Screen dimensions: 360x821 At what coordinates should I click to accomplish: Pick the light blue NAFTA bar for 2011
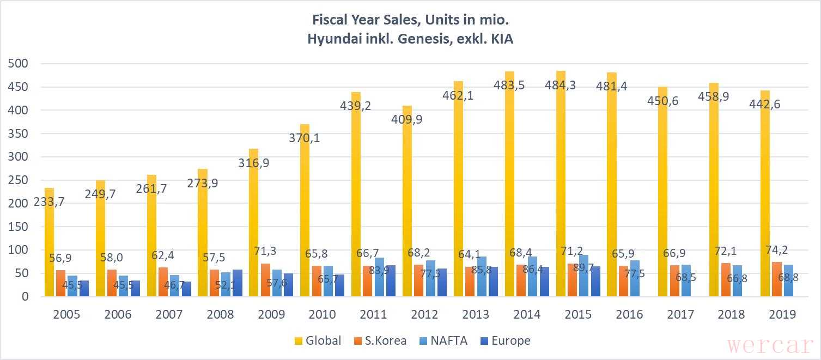380,277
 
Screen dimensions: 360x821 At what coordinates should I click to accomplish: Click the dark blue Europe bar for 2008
237,283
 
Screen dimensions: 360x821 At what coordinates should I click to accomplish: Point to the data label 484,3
561,86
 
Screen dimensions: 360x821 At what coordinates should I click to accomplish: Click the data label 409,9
407,119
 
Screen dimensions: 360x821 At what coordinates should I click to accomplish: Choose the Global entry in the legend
317,341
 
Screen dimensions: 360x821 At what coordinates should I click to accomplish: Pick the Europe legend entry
504,341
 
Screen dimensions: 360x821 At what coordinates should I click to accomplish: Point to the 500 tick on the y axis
19,64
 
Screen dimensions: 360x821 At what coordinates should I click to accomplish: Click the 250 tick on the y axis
19,180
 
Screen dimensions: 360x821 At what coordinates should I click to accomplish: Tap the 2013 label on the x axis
476,314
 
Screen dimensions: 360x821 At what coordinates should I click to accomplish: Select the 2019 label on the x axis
782,314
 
